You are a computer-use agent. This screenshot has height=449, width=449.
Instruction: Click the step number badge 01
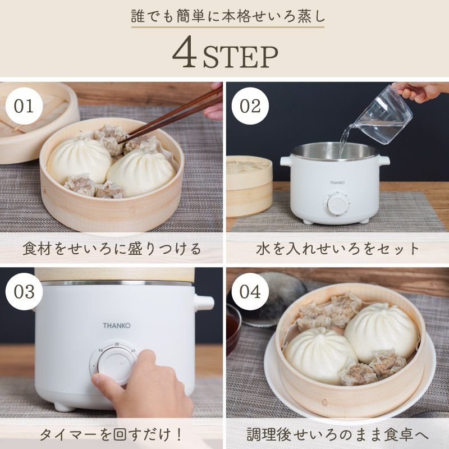(24, 106)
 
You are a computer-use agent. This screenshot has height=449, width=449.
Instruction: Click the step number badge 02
(250, 106)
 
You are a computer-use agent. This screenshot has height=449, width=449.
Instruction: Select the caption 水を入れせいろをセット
(337, 249)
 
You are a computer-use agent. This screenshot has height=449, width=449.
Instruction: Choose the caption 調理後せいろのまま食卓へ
(337, 434)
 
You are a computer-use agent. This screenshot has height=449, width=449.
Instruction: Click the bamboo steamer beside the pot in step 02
(249, 185)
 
